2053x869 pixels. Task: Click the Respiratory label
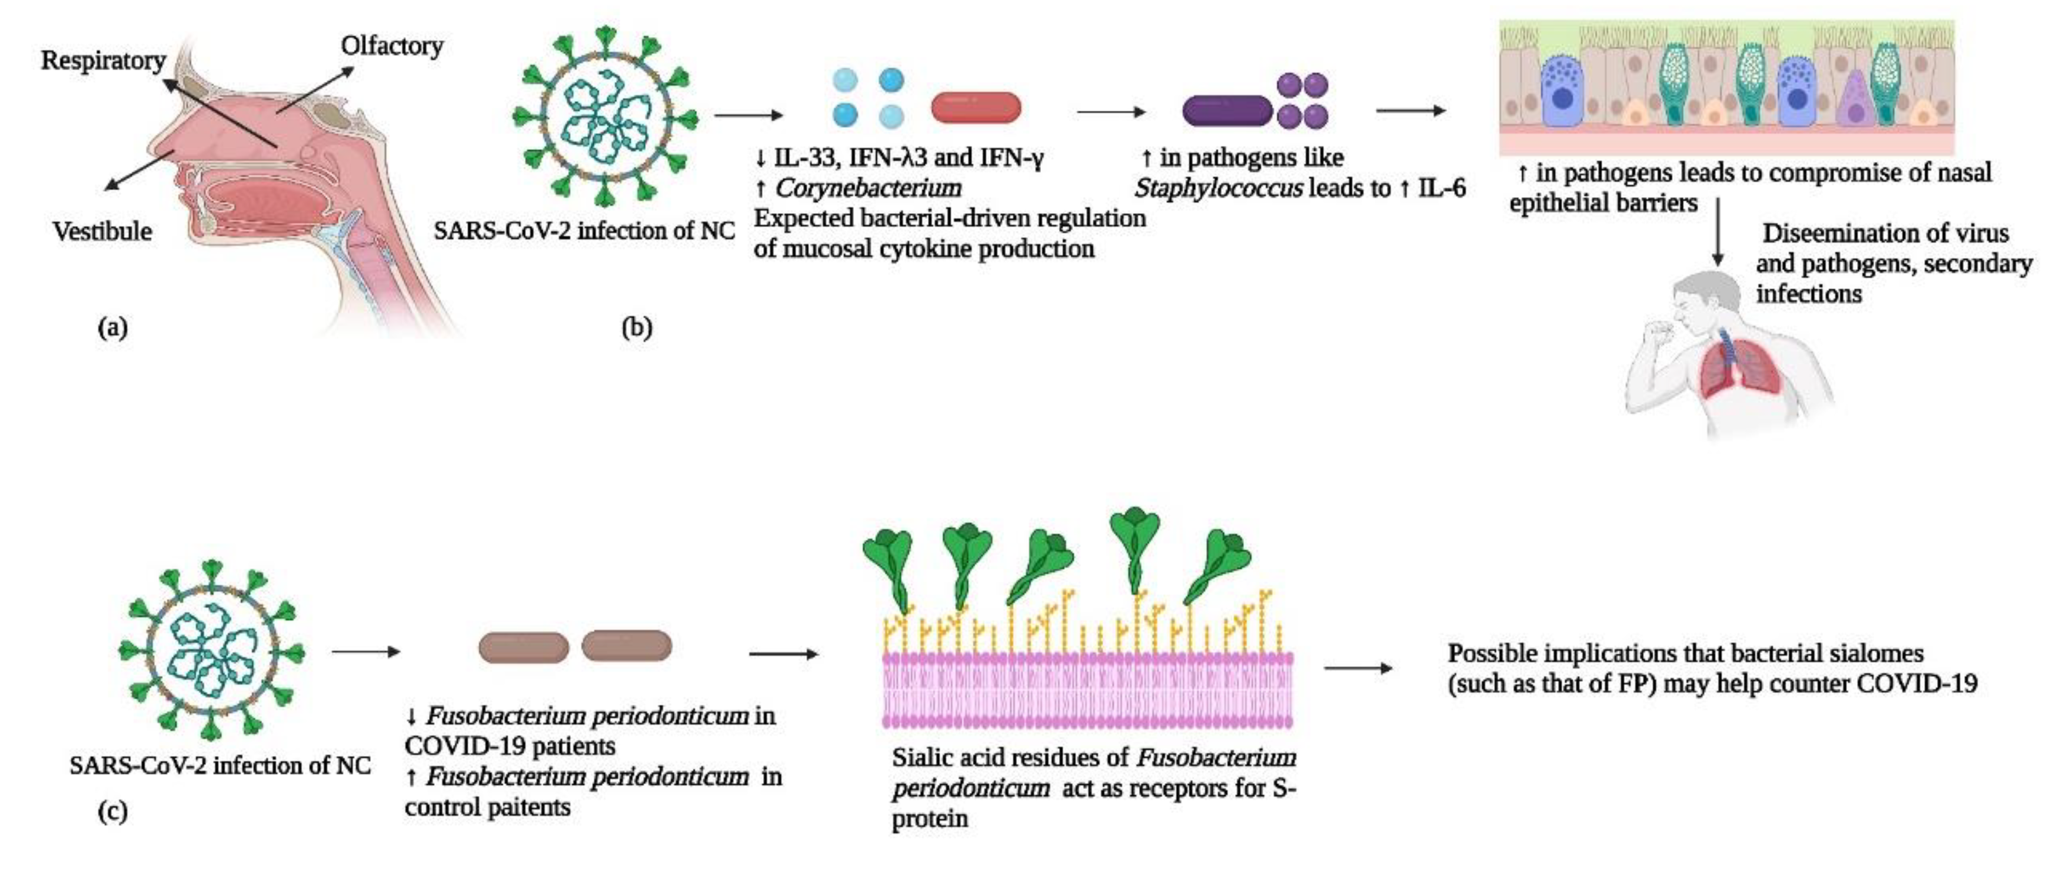tap(103, 61)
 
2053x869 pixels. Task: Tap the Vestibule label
tap(102, 231)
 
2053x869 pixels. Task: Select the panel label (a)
tap(112, 327)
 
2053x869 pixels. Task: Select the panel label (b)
tap(636, 327)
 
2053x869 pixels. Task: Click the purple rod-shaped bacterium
tap(1226, 111)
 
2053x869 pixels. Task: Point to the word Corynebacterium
tap(868, 188)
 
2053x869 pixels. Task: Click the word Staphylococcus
tap(1219, 189)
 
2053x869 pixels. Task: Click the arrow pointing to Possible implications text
tap(1358, 668)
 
